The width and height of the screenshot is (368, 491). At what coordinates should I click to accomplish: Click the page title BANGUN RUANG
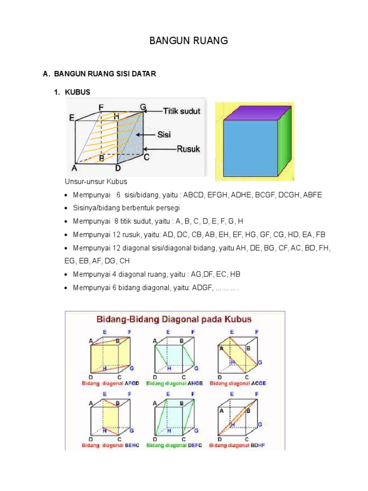pyautogui.click(x=188, y=41)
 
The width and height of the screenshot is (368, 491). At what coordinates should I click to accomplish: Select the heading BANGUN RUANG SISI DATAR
pyautogui.click(x=105, y=74)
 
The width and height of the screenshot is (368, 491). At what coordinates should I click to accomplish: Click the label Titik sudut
pyautogui.click(x=182, y=111)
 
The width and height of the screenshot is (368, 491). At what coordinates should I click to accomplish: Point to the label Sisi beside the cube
pyautogui.click(x=164, y=134)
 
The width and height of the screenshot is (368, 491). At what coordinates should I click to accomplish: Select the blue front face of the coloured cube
pyautogui.click(x=250, y=149)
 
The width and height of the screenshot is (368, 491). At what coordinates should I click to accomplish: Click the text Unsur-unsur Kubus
pyautogui.click(x=96, y=182)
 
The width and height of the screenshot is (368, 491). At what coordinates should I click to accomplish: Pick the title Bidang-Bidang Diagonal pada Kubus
pyautogui.click(x=175, y=319)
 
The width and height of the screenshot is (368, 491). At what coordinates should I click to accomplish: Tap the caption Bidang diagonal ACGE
pyautogui.click(x=238, y=384)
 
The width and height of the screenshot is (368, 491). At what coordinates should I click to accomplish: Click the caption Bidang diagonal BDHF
pyautogui.click(x=238, y=445)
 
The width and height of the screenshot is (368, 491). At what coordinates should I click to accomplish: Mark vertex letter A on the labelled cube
pyautogui.click(x=74, y=168)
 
